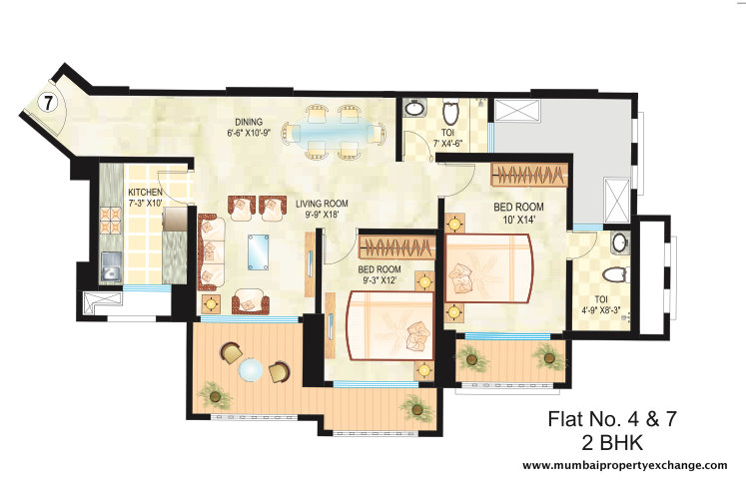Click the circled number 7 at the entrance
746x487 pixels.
(47, 101)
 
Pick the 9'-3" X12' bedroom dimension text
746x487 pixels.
(379, 281)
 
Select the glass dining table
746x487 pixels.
(331, 131)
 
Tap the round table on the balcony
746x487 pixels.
(253, 370)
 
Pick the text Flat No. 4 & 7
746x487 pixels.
(610, 419)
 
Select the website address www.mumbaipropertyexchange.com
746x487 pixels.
(624, 465)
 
